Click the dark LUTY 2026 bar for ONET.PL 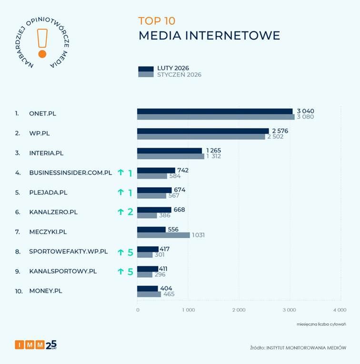(x=214, y=111)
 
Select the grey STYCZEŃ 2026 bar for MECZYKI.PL (x=163, y=235)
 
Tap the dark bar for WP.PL (x=202, y=131)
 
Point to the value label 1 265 (x=213, y=151)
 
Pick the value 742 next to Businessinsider (x=183, y=170)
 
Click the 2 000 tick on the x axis (x=239, y=310)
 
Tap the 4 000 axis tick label (x=340, y=310)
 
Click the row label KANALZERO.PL (x=53, y=212)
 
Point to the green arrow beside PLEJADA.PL (x=120, y=192)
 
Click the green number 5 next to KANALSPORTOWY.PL (x=130, y=271)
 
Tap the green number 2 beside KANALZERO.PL (x=130, y=212)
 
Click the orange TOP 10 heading (x=157, y=21)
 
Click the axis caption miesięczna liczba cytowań (x=321, y=324)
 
